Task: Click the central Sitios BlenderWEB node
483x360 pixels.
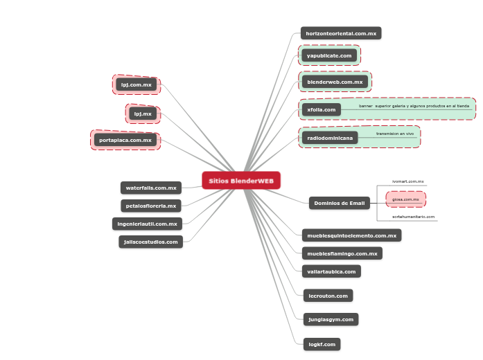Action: coord(241,181)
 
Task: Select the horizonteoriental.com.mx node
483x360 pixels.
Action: coord(341,33)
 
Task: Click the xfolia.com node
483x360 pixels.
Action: coord(322,109)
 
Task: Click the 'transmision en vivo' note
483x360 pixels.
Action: coord(395,134)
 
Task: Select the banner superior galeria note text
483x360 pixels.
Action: coord(414,106)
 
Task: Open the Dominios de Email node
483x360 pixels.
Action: coord(340,203)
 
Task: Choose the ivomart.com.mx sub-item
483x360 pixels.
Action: coord(407,181)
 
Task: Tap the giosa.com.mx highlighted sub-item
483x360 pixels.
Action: coord(406,199)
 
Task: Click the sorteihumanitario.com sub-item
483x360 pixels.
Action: coord(413,217)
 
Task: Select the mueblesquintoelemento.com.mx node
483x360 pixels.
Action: coord(351,235)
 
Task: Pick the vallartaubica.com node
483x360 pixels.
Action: coord(331,271)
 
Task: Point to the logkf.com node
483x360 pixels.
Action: coord(322,344)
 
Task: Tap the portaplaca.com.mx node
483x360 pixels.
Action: coord(125,140)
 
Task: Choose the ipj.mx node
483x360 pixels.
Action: coord(143,114)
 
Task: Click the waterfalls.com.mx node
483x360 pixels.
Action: coord(151,188)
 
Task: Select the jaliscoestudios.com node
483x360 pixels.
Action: coord(151,242)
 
